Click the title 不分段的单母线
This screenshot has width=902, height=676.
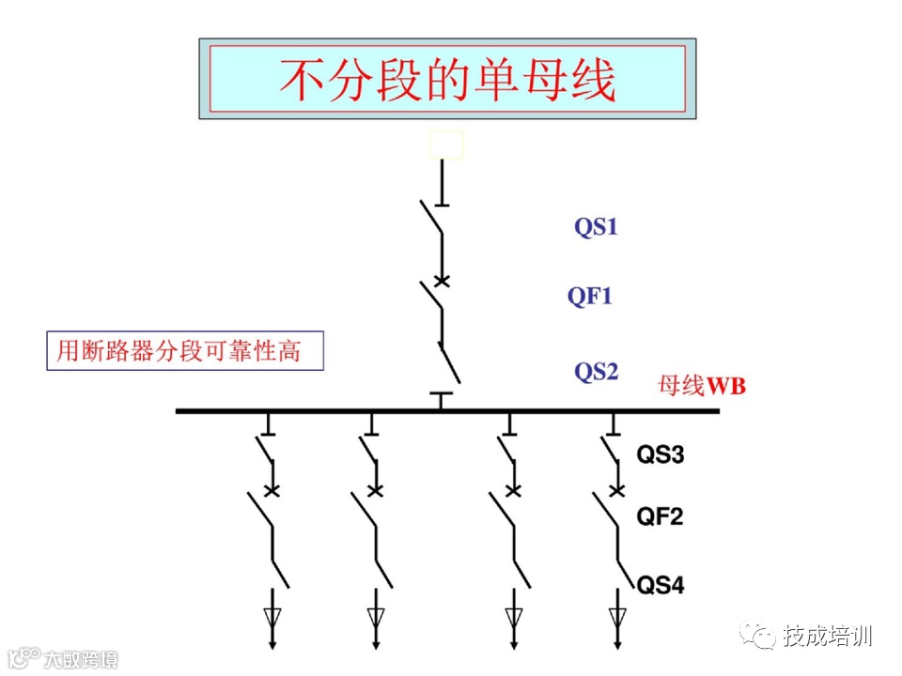(447, 80)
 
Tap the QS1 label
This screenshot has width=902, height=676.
(597, 226)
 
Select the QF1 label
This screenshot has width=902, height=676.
(590, 297)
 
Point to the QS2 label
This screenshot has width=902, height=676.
(597, 372)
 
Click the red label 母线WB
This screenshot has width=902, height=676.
(702, 386)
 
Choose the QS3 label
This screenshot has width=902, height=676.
(661, 456)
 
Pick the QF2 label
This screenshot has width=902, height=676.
(661, 515)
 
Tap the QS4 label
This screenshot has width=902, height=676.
(661, 587)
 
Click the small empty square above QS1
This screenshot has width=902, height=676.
(446, 145)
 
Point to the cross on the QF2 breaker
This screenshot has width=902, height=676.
(617, 489)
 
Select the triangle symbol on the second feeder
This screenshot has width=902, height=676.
(376, 616)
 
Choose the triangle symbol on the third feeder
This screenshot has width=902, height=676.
(514, 616)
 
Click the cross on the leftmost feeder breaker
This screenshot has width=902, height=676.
(272, 489)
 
